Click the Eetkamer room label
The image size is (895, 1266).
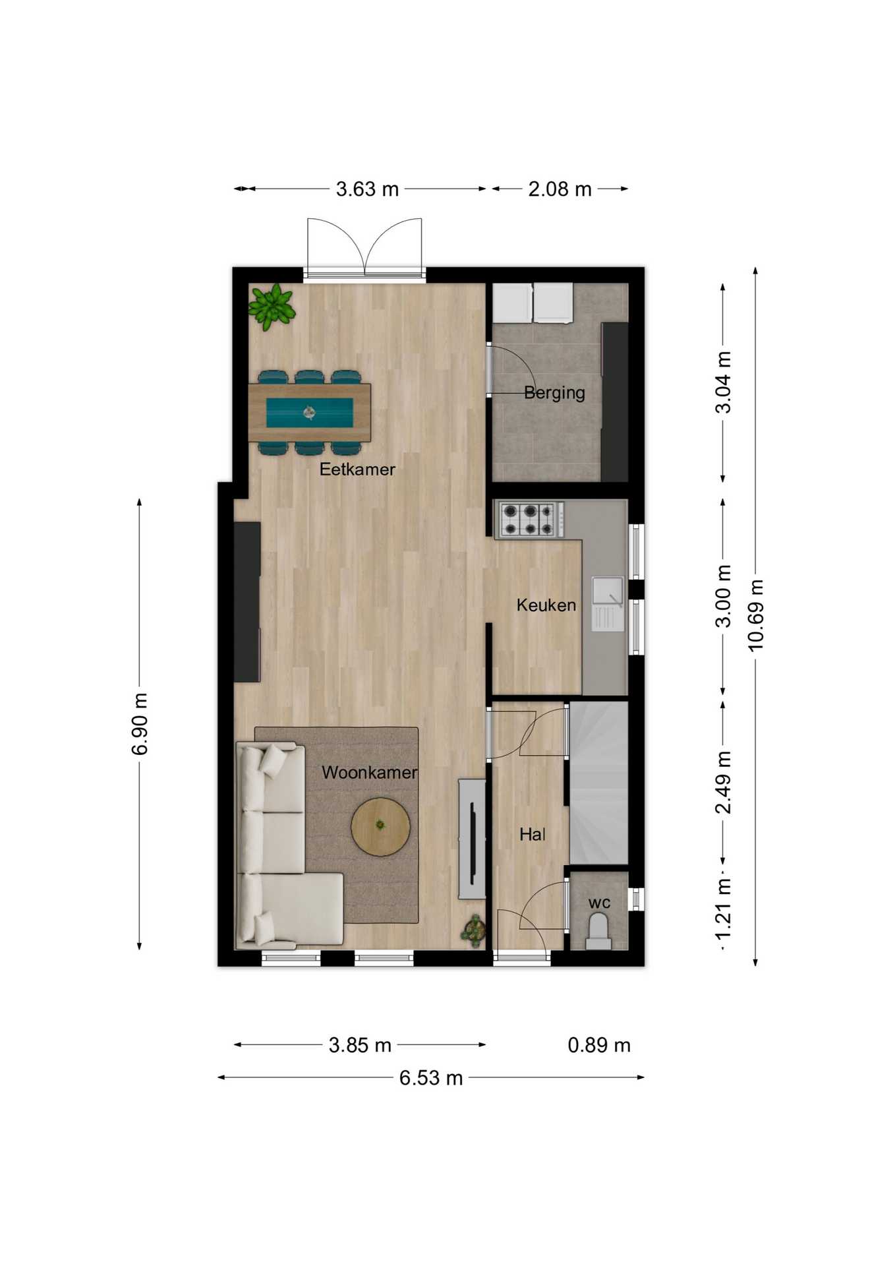point(357,469)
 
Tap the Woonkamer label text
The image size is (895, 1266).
point(369,772)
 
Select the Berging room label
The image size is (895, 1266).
point(554,393)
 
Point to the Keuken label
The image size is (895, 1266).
point(546,605)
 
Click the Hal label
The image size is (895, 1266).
point(532,835)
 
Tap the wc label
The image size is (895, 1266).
point(599,903)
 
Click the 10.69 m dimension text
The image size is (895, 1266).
point(755,615)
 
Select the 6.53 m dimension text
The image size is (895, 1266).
point(431,1078)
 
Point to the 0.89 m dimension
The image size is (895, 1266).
point(599,1045)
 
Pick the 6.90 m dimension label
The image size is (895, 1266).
point(140,724)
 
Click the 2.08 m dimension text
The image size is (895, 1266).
point(560,189)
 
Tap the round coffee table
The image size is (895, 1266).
point(380,827)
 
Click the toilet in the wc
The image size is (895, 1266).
point(598,931)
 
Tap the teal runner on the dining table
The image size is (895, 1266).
point(309,413)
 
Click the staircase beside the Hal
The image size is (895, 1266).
point(598,783)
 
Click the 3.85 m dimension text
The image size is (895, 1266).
point(360,1045)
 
